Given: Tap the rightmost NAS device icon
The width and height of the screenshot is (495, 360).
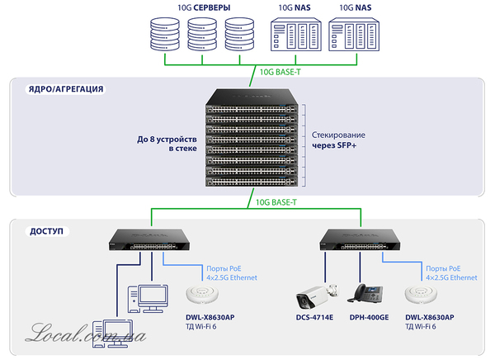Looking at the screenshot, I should pos(348,36).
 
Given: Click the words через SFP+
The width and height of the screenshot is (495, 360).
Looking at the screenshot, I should pos(333,145).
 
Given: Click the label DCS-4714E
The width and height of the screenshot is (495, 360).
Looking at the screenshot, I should pos(313,317).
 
